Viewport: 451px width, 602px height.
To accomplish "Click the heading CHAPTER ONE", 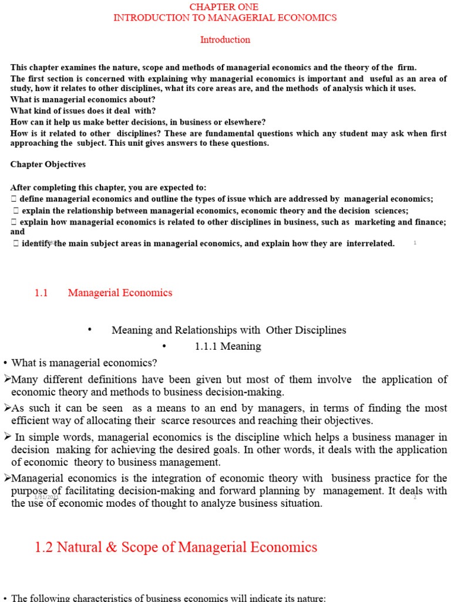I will click(225, 6).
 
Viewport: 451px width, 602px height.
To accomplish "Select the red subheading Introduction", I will click(225, 40).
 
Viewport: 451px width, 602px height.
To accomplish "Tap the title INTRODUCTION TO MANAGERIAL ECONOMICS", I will click(225, 18).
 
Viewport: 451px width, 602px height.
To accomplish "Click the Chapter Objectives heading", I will click(48, 164).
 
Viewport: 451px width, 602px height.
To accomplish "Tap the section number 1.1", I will click(41, 293).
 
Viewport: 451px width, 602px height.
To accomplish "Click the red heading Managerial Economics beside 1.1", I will click(120, 293).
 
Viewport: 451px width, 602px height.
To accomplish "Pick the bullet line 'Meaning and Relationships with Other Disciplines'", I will click(228, 330).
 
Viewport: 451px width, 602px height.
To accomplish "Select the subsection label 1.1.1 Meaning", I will click(228, 346).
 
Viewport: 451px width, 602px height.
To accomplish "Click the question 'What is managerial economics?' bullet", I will click(84, 363).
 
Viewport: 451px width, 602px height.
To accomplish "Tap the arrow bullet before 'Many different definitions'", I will click(6, 379).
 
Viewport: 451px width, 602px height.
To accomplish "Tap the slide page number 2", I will click(415, 497).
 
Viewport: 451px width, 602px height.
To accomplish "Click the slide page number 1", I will click(415, 242).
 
